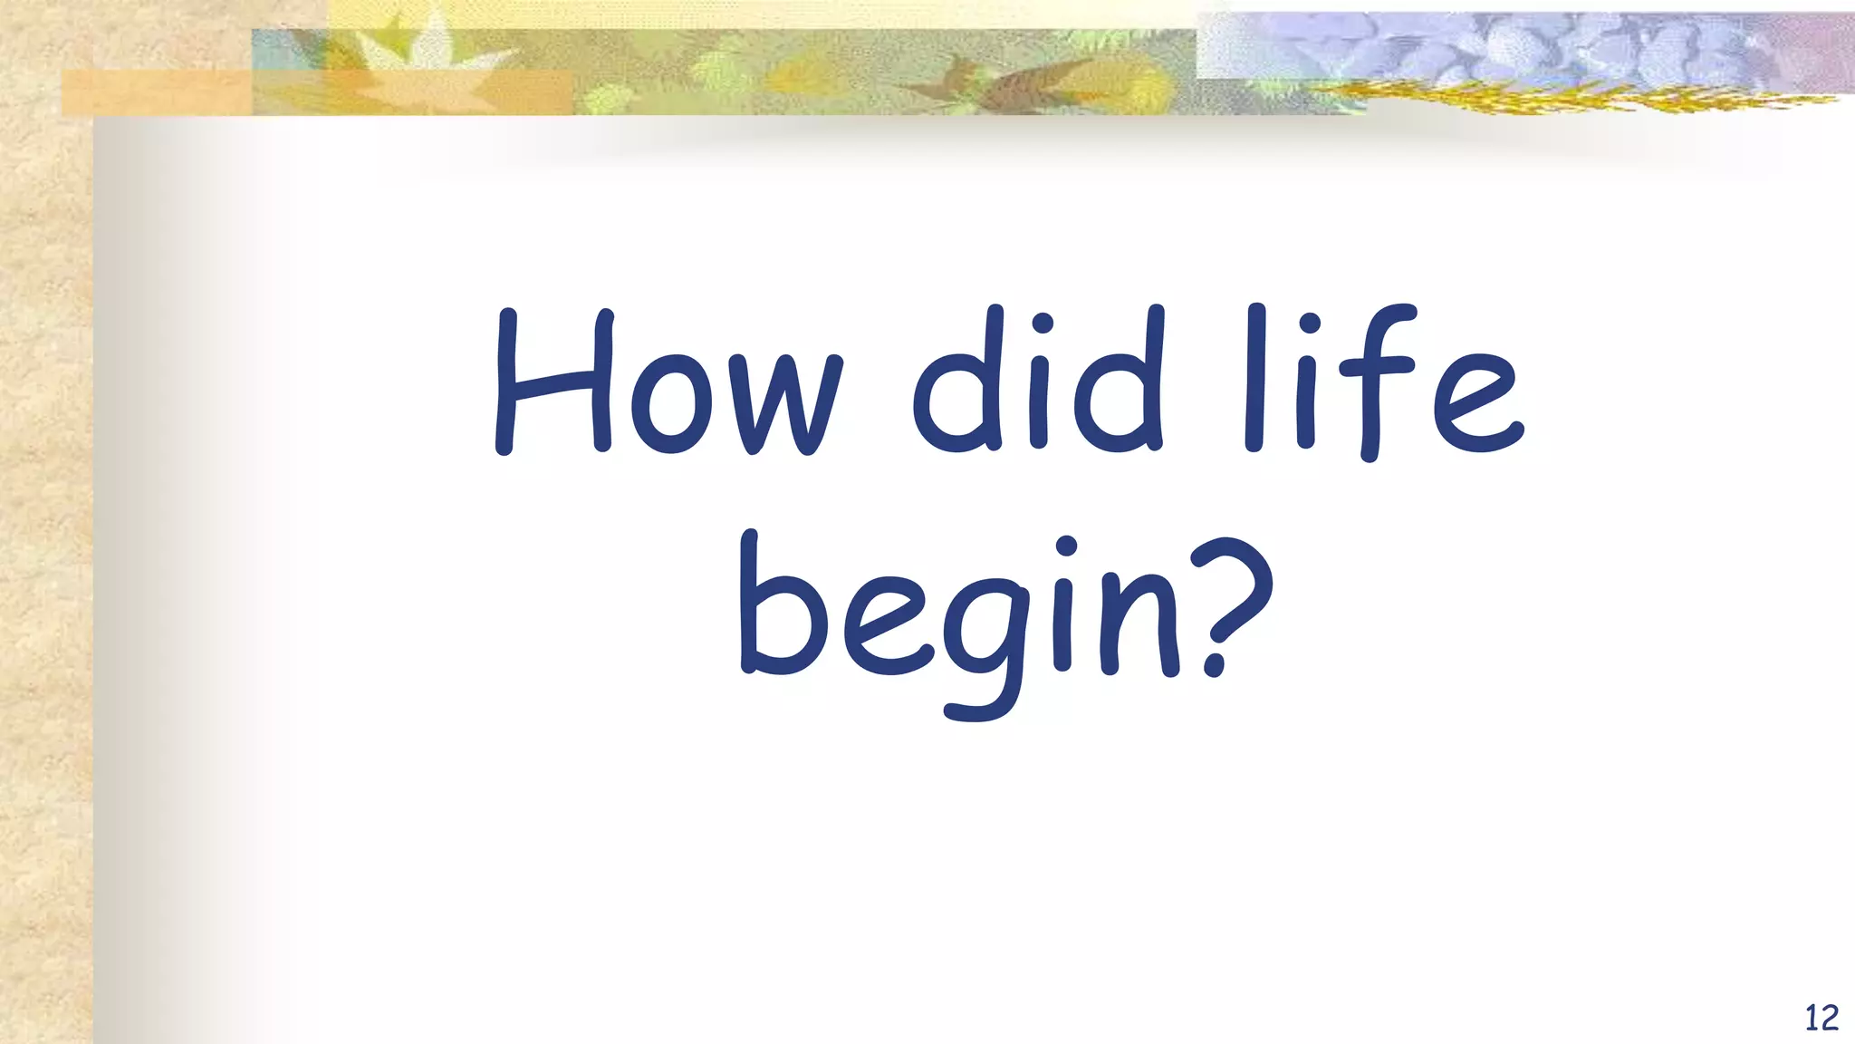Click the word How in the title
point(668,384)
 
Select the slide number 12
point(1821,1018)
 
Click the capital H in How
point(553,384)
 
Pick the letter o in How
point(670,408)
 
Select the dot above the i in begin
point(1066,546)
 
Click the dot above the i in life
point(1308,324)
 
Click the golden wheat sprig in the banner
point(1540,96)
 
